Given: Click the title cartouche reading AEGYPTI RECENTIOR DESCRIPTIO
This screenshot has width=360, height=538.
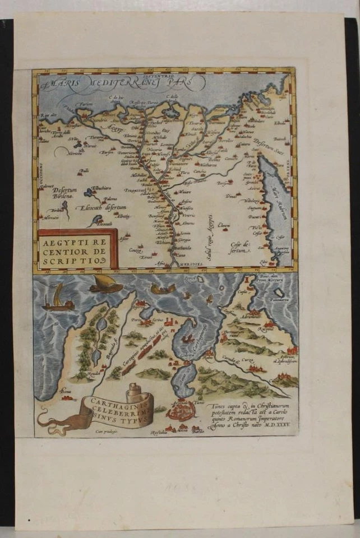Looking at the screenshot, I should click(76, 248).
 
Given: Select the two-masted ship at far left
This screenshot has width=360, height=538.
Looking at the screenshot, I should click(57, 300).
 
